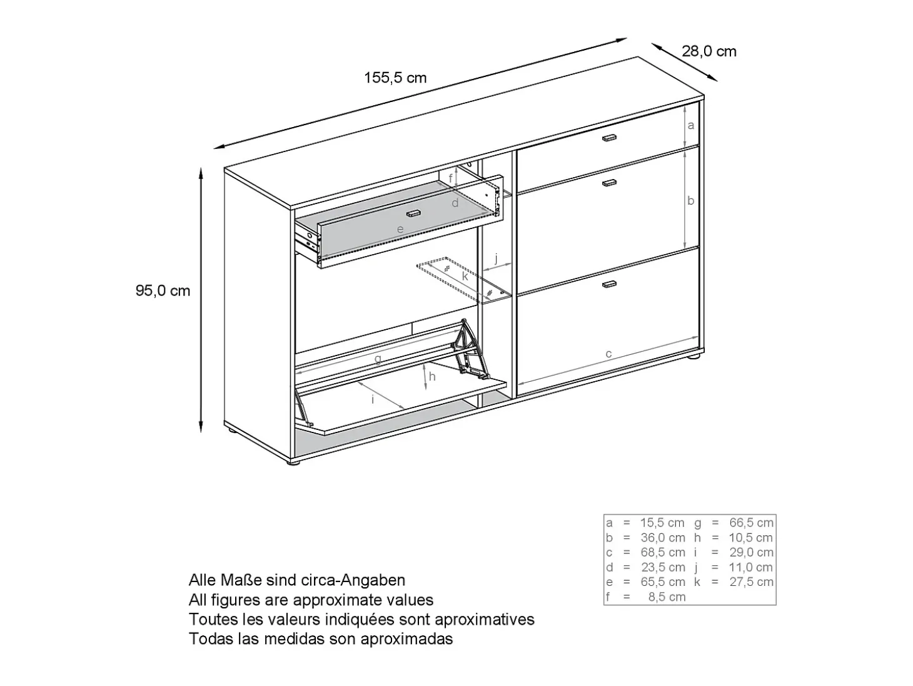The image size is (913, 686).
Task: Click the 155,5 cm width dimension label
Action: point(395,78)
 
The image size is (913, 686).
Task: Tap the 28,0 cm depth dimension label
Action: point(709,51)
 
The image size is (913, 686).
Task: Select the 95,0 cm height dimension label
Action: point(163,290)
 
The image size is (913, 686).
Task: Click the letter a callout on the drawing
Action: point(691,125)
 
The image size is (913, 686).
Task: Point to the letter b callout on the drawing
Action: point(691,201)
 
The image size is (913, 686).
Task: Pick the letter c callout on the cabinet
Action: point(608,354)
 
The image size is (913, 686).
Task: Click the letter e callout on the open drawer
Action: point(400,229)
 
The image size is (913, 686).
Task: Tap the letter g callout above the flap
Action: point(378,359)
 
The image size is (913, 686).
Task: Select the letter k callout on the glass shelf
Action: point(465,276)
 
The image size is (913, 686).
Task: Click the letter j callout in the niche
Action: point(497,259)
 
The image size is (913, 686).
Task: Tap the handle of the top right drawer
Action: point(609,138)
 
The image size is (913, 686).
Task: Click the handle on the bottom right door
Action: point(609,284)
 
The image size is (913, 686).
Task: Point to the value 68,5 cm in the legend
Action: point(663,553)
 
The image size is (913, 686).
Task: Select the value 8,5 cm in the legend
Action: point(667,597)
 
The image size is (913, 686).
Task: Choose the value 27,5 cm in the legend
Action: point(751,582)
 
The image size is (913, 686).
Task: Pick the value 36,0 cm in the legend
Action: point(663,538)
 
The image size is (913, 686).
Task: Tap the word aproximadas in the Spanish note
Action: point(406,639)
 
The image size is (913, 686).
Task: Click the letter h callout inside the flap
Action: point(432,377)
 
